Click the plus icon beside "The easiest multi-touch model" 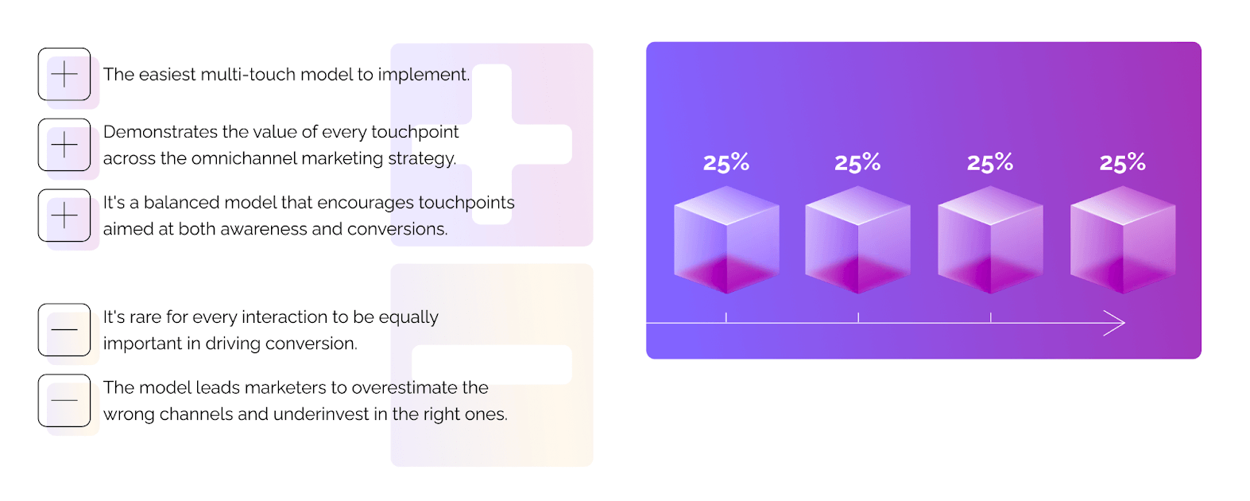pos(64,74)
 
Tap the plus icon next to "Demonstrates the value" pos(64,145)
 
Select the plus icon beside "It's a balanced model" pos(64,216)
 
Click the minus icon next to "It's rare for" pos(64,329)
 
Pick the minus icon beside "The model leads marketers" pos(64,401)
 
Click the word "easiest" pos(167,74)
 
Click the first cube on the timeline pos(726,239)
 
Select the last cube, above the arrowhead pos(1123,239)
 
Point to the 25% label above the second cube pos(857,162)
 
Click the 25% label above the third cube pos(990,162)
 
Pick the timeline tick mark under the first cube pos(726,317)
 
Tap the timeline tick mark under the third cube pos(990,317)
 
